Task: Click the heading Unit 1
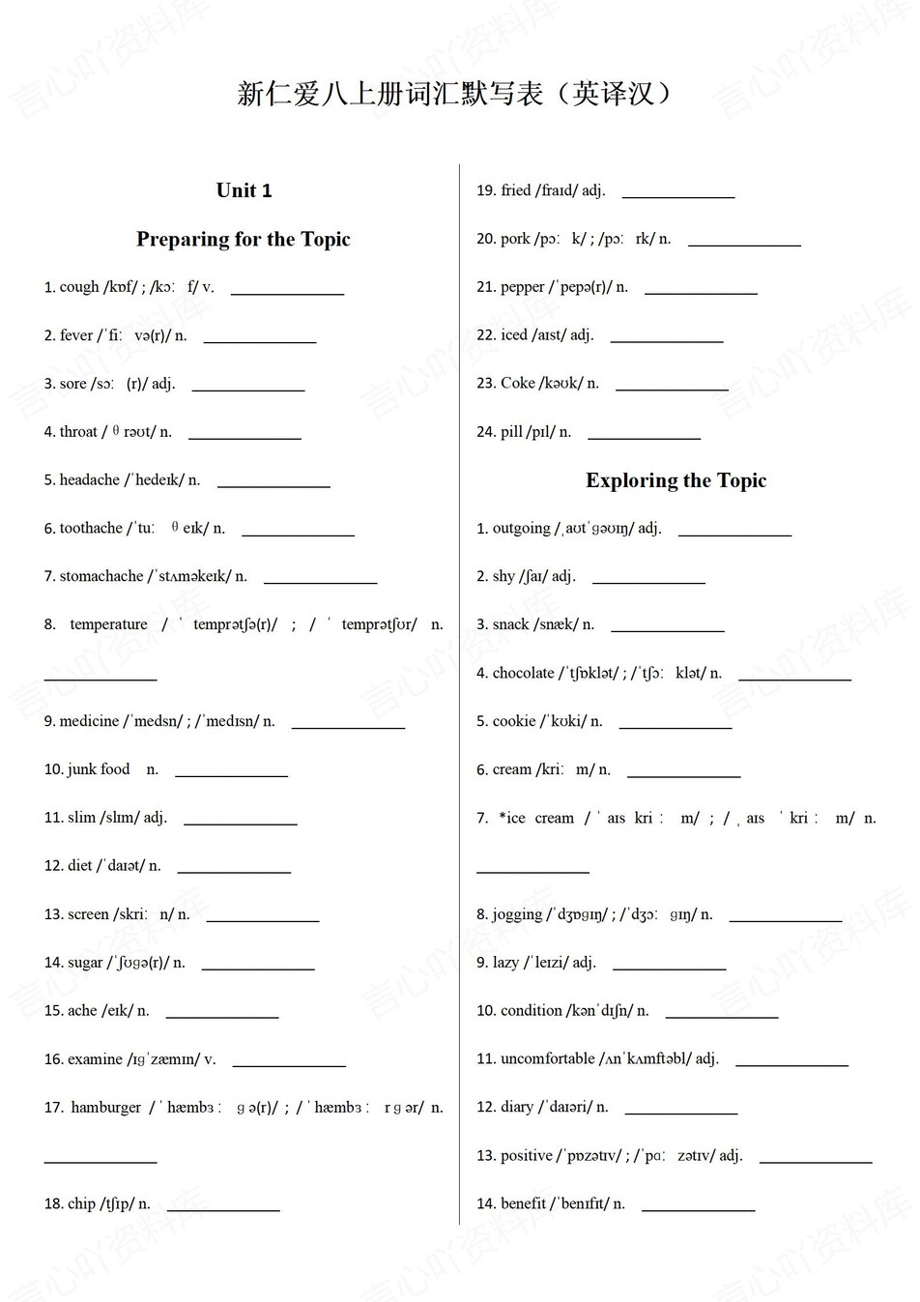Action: [x=244, y=190]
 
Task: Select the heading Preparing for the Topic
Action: [x=244, y=239]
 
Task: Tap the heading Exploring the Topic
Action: [x=676, y=480]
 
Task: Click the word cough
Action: [x=79, y=287]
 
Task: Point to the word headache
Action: [x=90, y=480]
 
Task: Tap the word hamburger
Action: [x=105, y=1108]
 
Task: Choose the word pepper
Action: [x=523, y=287]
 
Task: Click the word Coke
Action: [x=518, y=384]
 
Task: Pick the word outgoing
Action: [x=521, y=529]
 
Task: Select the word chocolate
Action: [x=524, y=673]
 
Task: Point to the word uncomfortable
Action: [x=547, y=1059]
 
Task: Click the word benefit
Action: [x=524, y=1204]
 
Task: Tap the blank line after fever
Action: [x=259, y=340]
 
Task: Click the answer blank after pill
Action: [x=644, y=437]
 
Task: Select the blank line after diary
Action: [x=680, y=1113]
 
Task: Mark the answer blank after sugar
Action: [x=257, y=968]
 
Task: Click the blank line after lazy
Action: [x=669, y=968]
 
